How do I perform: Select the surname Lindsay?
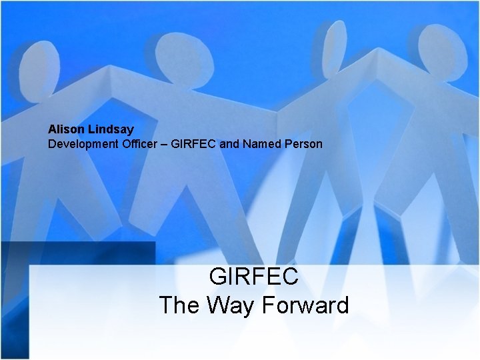click(110, 129)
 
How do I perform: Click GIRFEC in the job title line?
click(195, 143)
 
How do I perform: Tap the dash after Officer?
click(164, 143)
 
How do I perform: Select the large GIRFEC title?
click(253, 276)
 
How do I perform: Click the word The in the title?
click(181, 305)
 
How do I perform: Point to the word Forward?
click(305, 305)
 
